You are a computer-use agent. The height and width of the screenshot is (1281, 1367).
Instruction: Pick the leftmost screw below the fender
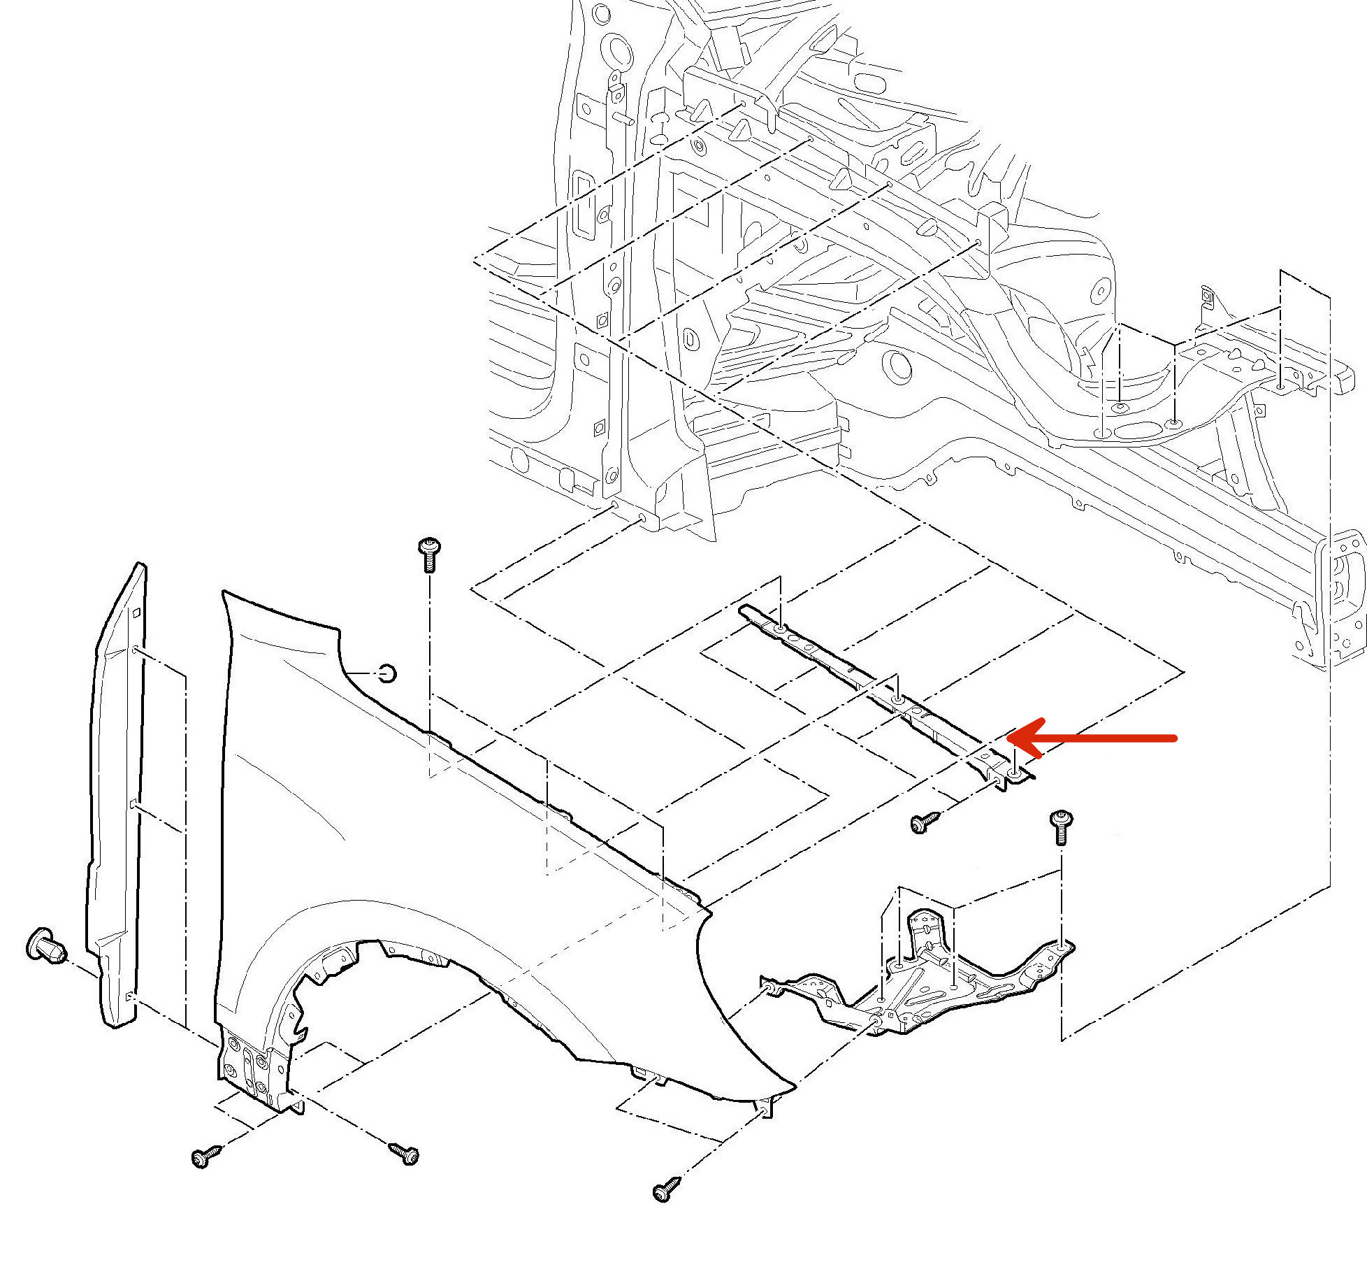[205, 1157]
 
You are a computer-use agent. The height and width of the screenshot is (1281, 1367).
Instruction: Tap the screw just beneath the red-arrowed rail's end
[925, 822]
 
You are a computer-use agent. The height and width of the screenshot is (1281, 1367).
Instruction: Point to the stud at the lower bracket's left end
[768, 987]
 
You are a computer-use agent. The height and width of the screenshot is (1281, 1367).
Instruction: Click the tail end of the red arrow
[1176, 737]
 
